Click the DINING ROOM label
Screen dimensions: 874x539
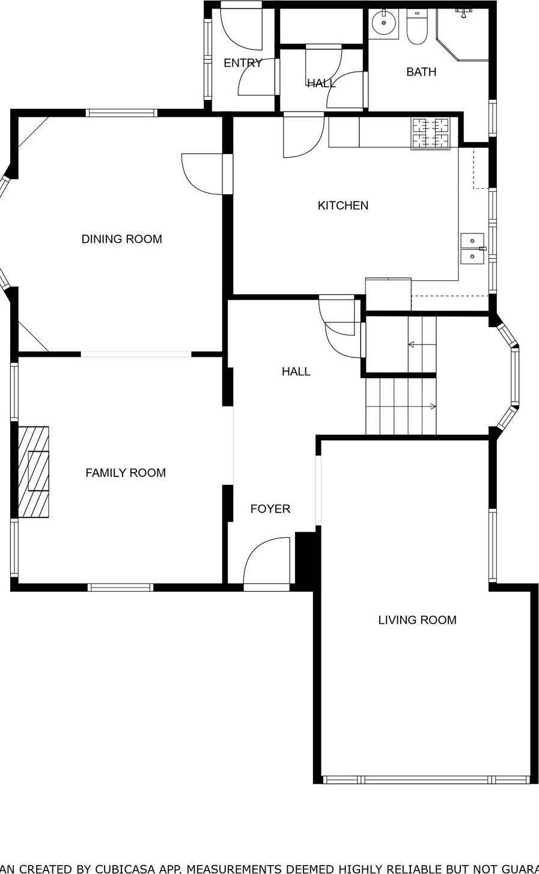point(121,239)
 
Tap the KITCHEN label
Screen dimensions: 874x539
point(343,206)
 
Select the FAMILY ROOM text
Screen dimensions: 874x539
point(125,473)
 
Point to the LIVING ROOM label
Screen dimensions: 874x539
point(417,620)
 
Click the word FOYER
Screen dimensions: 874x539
point(270,509)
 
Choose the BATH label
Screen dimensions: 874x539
point(421,72)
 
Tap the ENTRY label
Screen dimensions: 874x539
point(242,63)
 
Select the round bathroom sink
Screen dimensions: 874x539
point(383,24)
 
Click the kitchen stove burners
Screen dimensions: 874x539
point(430,133)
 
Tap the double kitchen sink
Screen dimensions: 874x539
point(472,248)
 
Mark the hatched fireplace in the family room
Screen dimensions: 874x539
point(34,472)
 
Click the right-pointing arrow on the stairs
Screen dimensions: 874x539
point(431,407)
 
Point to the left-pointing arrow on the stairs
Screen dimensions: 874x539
point(413,345)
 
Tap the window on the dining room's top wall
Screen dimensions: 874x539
point(121,113)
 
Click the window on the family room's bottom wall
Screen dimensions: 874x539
point(120,588)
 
